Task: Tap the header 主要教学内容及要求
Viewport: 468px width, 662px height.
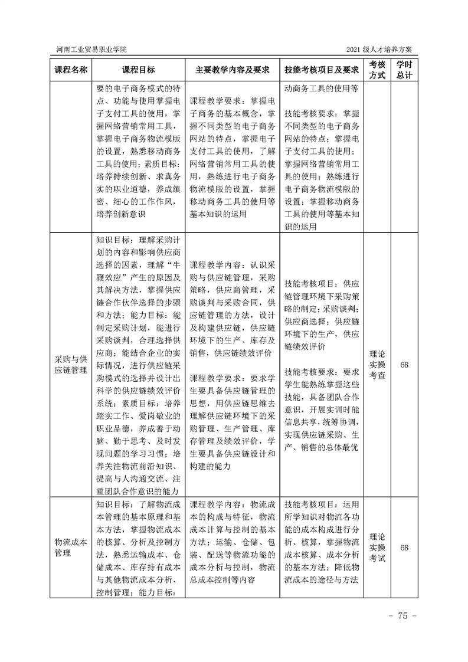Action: click(x=233, y=70)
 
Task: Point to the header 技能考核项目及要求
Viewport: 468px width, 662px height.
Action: click(x=322, y=70)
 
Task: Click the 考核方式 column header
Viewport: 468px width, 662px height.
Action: click(x=377, y=70)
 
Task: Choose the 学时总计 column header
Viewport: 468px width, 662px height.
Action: click(x=404, y=70)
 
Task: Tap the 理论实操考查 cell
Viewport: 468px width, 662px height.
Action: click(x=377, y=365)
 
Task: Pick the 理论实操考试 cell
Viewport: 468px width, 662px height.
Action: click(x=377, y=547)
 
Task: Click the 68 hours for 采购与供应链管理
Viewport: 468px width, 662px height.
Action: click(x=404, y=365)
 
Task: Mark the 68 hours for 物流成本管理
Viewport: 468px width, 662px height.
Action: click(x=404, y=547)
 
